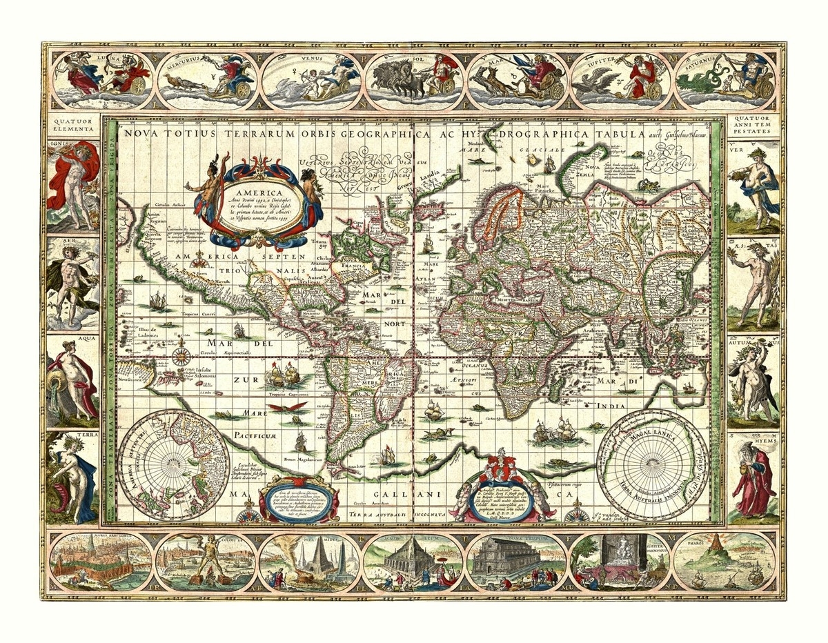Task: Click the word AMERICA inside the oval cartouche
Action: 256,193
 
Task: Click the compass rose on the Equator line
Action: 181,356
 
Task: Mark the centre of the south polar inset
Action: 653,465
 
